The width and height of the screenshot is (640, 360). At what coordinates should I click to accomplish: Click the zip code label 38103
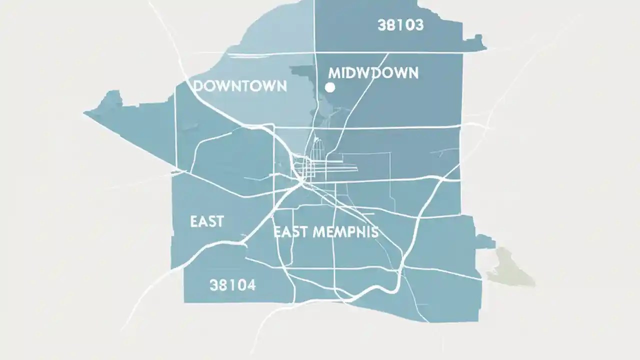click(400, 25)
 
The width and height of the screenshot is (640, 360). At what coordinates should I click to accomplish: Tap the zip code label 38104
click(232, 285)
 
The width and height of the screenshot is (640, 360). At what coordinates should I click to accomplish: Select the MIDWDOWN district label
click(373, 73)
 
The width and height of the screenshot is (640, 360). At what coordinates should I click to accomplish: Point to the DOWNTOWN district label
click(240, 86)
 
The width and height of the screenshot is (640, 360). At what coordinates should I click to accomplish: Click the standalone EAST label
click(206, 221)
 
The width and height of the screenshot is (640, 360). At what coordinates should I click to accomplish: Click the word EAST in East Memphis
click(290, 232)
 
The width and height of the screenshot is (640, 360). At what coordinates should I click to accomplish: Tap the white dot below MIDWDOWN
click(329, 87)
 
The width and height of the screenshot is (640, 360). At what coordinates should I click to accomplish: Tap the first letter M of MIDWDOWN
click(333, 73)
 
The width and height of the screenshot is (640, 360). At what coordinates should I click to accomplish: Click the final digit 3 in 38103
click(418, 25)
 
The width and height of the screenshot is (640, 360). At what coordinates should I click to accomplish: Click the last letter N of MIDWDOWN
click(412, 73)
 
